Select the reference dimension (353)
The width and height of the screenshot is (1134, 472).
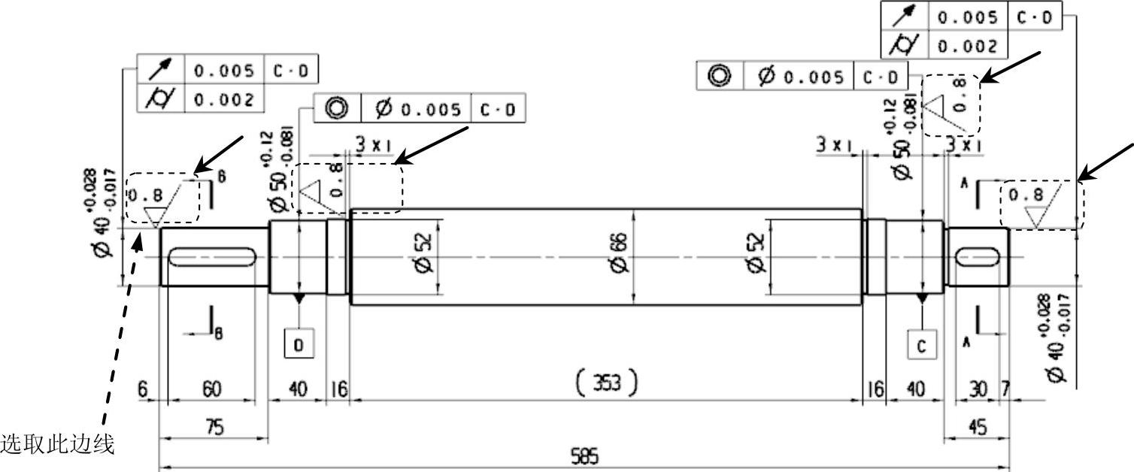click(606, 383)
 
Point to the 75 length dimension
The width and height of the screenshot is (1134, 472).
click(214, 427)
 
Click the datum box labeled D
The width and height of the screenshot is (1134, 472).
click(299, 344)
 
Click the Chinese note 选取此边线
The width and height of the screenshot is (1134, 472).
click(57, 445)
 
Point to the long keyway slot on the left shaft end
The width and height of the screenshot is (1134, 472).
click(212, 257)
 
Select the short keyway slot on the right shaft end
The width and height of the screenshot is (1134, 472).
click(975, 257)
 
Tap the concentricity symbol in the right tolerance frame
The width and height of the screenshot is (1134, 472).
click(720, 76)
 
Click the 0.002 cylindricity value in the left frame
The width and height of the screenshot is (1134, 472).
click(223, 99)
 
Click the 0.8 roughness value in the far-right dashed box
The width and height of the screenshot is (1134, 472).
click(1026, 195)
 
